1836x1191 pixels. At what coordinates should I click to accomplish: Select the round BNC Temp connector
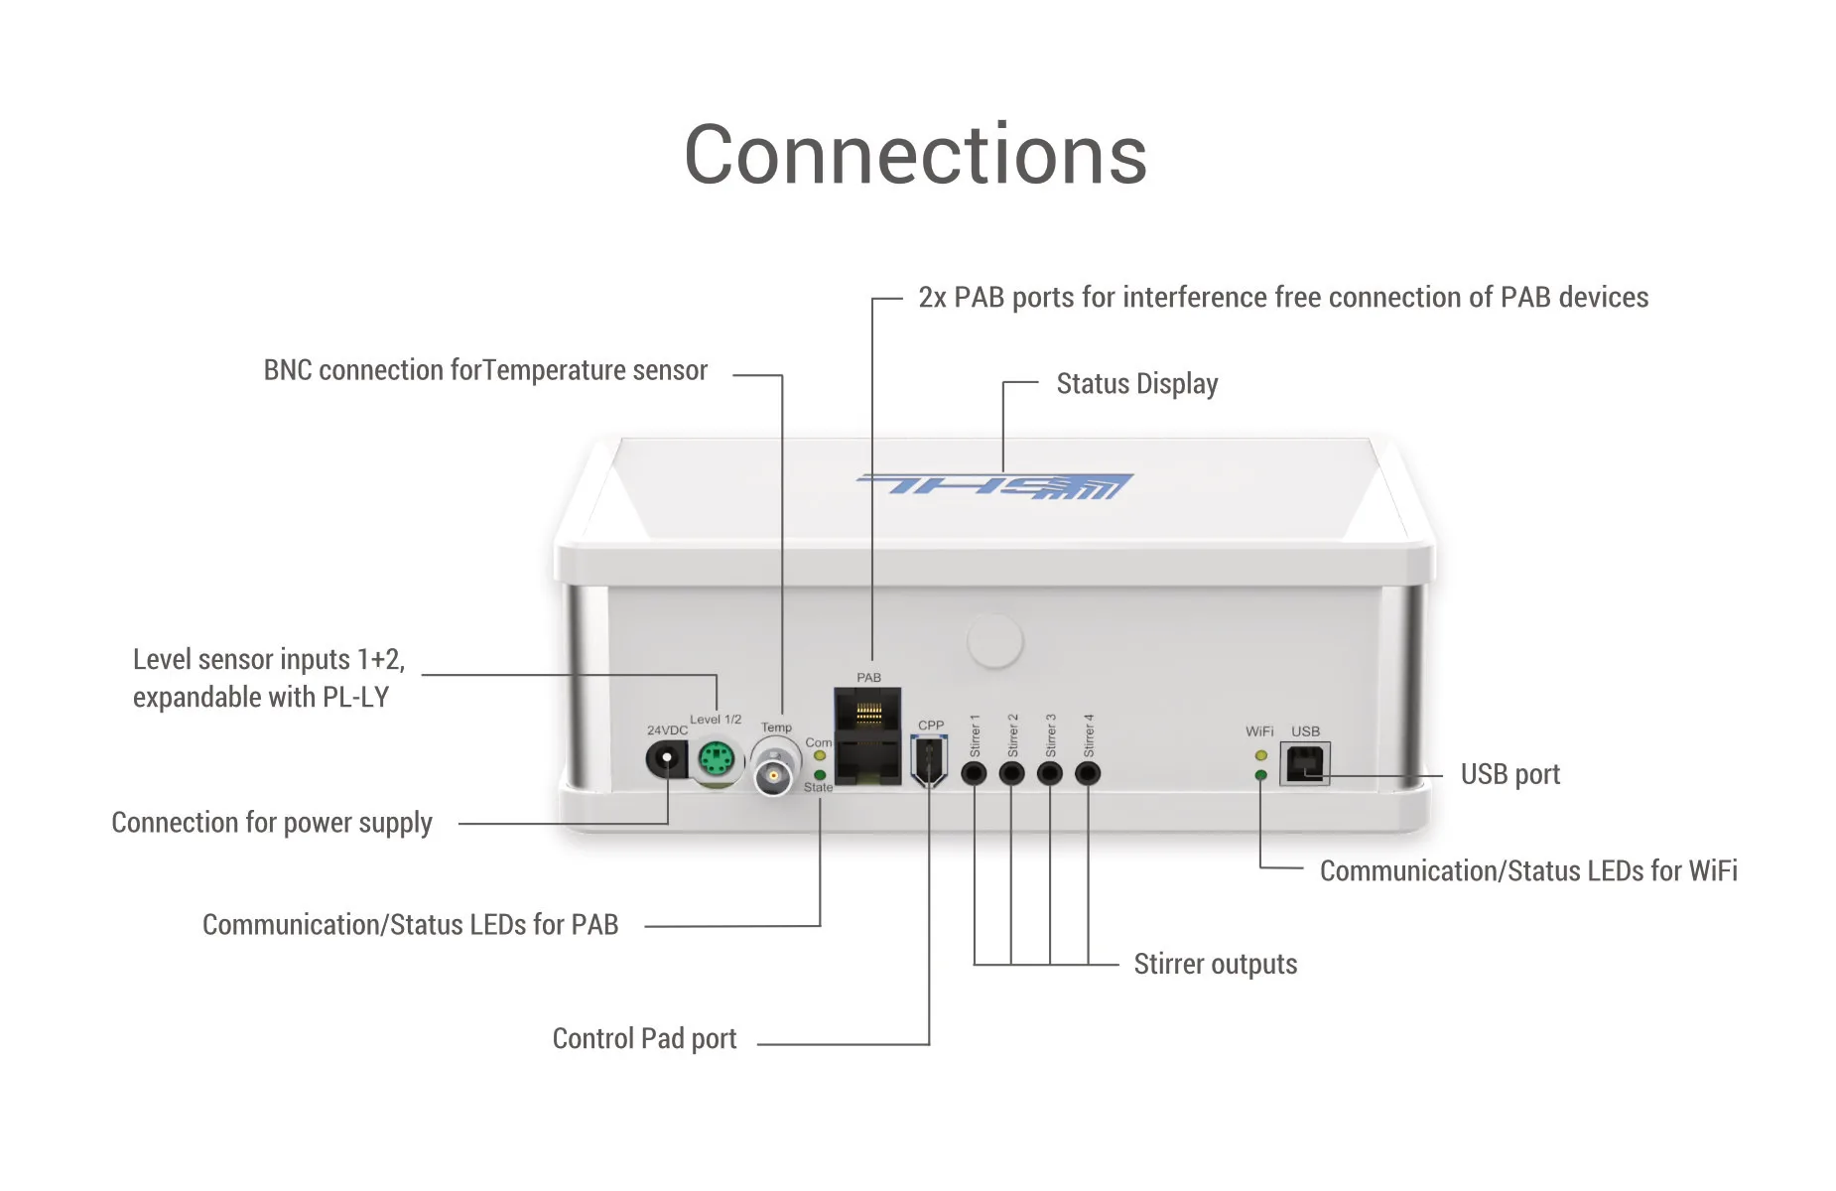(773, 775)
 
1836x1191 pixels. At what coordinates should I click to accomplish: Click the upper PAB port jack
(868, 711)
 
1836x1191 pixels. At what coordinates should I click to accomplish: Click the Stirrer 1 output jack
(975, 773)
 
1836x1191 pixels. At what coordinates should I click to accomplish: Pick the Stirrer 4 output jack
(1088, 773)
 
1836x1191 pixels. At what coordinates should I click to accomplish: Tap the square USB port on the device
(1304, 764)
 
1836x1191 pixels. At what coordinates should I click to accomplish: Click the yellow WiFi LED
(1260, 756)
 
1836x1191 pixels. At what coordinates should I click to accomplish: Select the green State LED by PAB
(820, 774)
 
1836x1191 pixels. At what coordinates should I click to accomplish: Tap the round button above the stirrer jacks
(994, 641)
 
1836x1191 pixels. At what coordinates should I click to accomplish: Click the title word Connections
(915, 155)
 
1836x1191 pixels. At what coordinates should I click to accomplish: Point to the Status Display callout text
(1136, 384)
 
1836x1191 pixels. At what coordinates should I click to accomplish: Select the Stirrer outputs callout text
(1215, 965)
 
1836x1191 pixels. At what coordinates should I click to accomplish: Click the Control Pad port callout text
(644, 1039)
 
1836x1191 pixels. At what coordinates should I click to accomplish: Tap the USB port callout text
(1509, 774)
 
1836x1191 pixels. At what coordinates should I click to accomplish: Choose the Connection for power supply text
(272, 823)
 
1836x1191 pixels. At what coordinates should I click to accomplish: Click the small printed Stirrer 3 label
(1050, 735)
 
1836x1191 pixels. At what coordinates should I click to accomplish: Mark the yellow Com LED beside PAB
(820, 756)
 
